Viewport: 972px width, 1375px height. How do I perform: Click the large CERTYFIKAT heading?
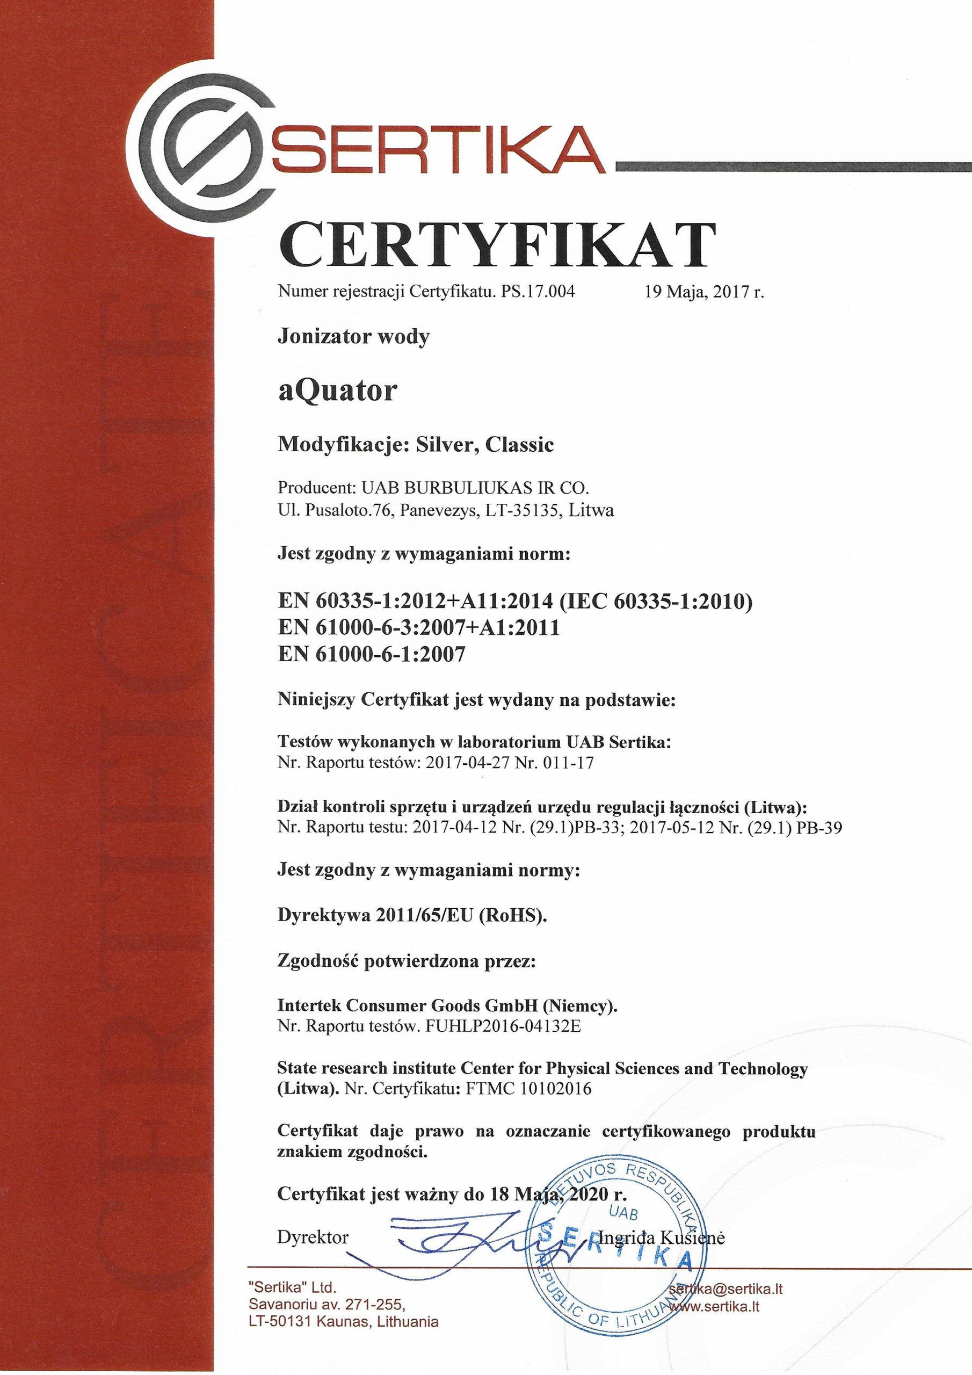tap(497, 246)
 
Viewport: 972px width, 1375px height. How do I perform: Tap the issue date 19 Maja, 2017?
tap(703, 292)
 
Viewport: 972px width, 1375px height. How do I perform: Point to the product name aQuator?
tap(338, 391)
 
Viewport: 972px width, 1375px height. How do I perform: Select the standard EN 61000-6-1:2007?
tap(371, 655)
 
